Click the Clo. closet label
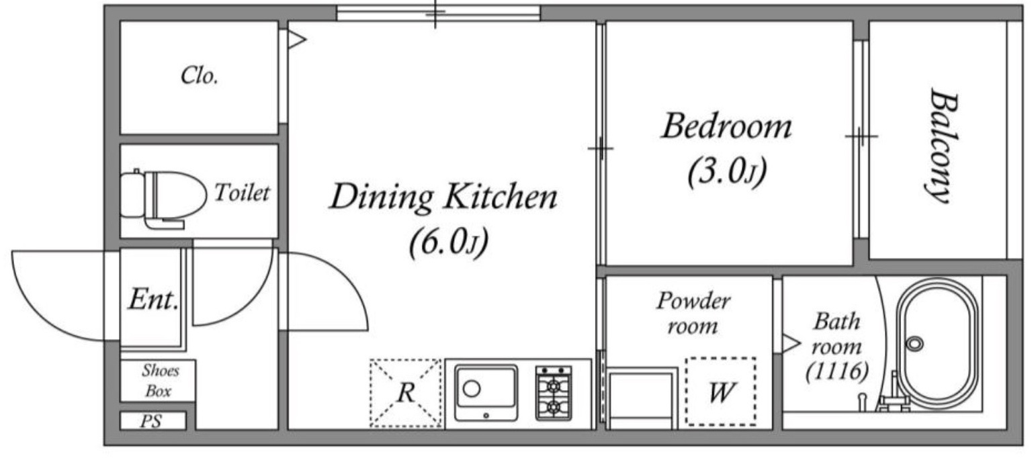[x=199, y=75]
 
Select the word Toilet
[x=241, y=192]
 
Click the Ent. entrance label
[x=153, y=299]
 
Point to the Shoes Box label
[x=159, y=380]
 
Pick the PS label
[x=150, y=421]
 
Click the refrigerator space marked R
[x=406, y=393]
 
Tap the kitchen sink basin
[x=486, y=393]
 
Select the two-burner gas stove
[x=554, y=393]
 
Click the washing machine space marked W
[x=721, y=392]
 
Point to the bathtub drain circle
[x=914, y=344]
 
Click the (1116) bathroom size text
[x=836, y=371]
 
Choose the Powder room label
[x=693, y=314]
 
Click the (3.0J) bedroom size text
[x=727, y=171]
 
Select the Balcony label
[x=943, y=145]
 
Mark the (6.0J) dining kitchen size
[x=449, y=242]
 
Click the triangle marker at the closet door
[x=296, y=39]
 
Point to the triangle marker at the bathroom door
[x=791, y=343]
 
